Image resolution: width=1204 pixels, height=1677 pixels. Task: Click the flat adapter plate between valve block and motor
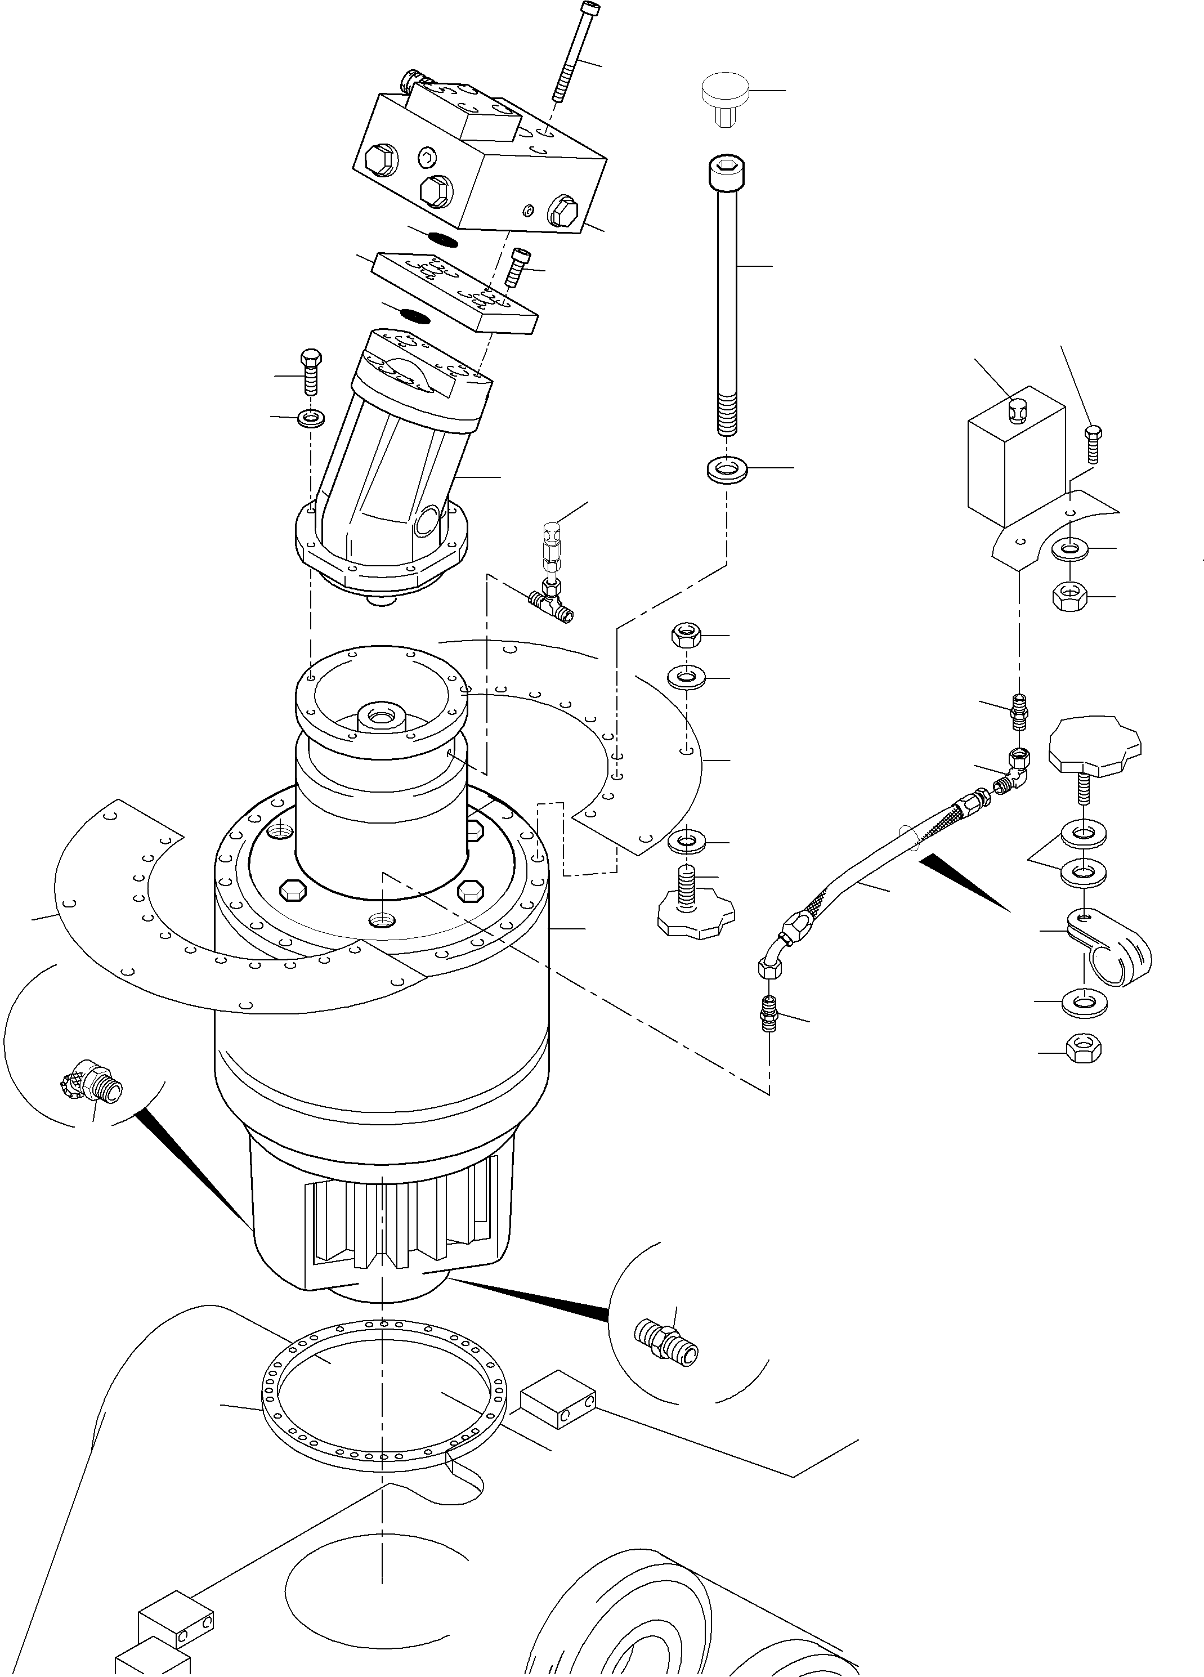[455, 290]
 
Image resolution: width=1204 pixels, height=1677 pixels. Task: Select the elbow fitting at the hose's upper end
[1015, 771]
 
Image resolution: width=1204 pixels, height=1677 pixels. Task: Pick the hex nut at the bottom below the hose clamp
[1083, 1050]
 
